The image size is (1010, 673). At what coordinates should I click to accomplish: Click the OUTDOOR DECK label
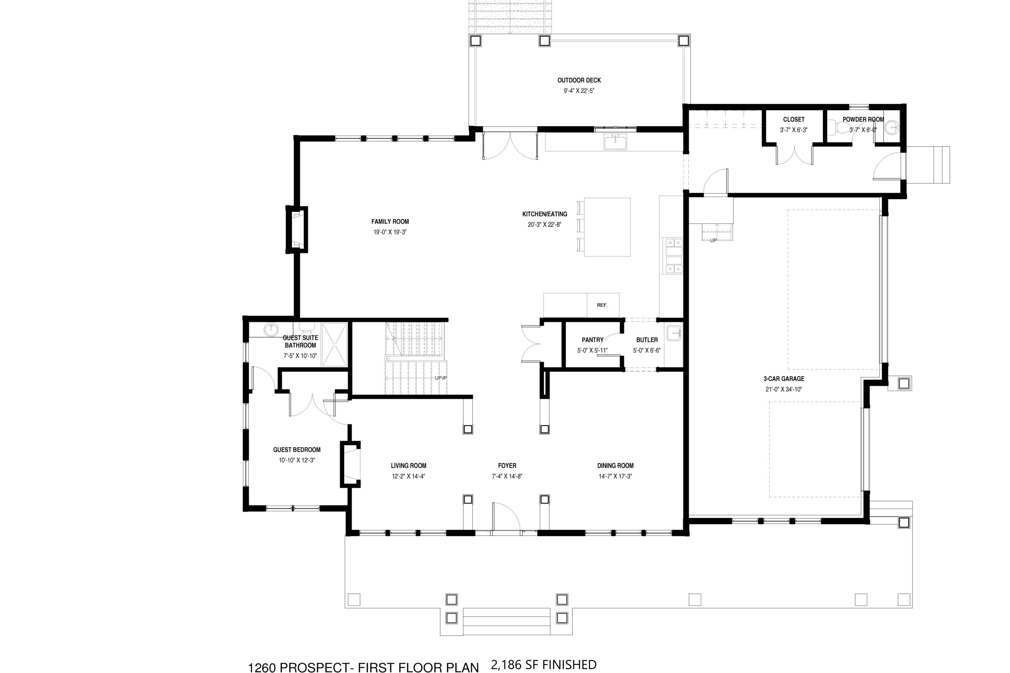579,80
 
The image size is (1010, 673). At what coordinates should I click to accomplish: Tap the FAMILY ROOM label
390,221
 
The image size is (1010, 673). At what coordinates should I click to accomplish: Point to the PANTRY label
592,340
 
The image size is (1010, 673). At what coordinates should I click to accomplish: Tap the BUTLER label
647,340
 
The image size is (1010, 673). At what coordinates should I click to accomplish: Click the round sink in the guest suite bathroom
271,330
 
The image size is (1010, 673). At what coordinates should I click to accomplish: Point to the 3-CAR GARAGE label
784,379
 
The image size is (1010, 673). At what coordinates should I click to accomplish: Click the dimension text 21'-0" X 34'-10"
784,389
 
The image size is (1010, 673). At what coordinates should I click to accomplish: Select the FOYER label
507,465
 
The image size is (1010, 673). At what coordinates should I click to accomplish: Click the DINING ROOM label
615,465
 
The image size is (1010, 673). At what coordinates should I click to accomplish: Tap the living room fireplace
351,464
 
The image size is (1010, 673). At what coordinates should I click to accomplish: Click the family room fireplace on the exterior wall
297,230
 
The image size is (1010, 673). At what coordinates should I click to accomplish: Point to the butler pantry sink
673,333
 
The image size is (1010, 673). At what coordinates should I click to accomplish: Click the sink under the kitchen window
615,141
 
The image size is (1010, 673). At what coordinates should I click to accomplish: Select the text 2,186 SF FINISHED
543,665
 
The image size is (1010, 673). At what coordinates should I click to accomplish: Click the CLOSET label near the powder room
794,119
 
